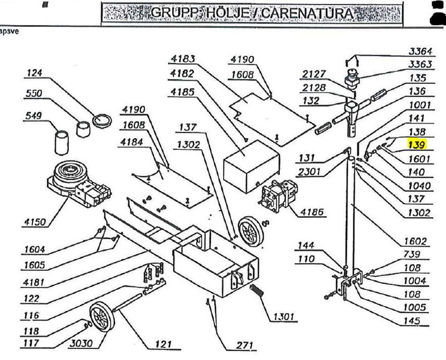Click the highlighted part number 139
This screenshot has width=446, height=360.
(416, 145)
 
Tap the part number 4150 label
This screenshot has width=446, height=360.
(35, 222)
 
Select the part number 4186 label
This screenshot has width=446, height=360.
(312, 212)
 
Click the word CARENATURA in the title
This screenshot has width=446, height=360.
(307, 13)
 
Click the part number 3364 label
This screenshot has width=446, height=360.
(420, 51)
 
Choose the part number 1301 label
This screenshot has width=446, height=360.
(284, 317)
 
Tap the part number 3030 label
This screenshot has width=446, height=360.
(81, 343)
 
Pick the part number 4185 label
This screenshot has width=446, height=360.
(182, 92)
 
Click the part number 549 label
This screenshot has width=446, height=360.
(33, 115)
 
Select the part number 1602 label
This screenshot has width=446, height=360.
(415, 241)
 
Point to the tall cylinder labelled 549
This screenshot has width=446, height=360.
(62, 143)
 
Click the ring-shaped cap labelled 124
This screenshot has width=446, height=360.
(102, 120)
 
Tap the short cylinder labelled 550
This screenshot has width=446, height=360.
(83, 129)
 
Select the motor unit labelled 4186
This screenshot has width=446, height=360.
(278, 196)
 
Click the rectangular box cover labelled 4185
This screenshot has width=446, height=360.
(251, 166)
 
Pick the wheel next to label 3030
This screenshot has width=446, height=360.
(102, 317)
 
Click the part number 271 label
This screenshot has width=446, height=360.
(245, 346)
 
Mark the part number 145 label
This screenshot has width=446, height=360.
(412, 321)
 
